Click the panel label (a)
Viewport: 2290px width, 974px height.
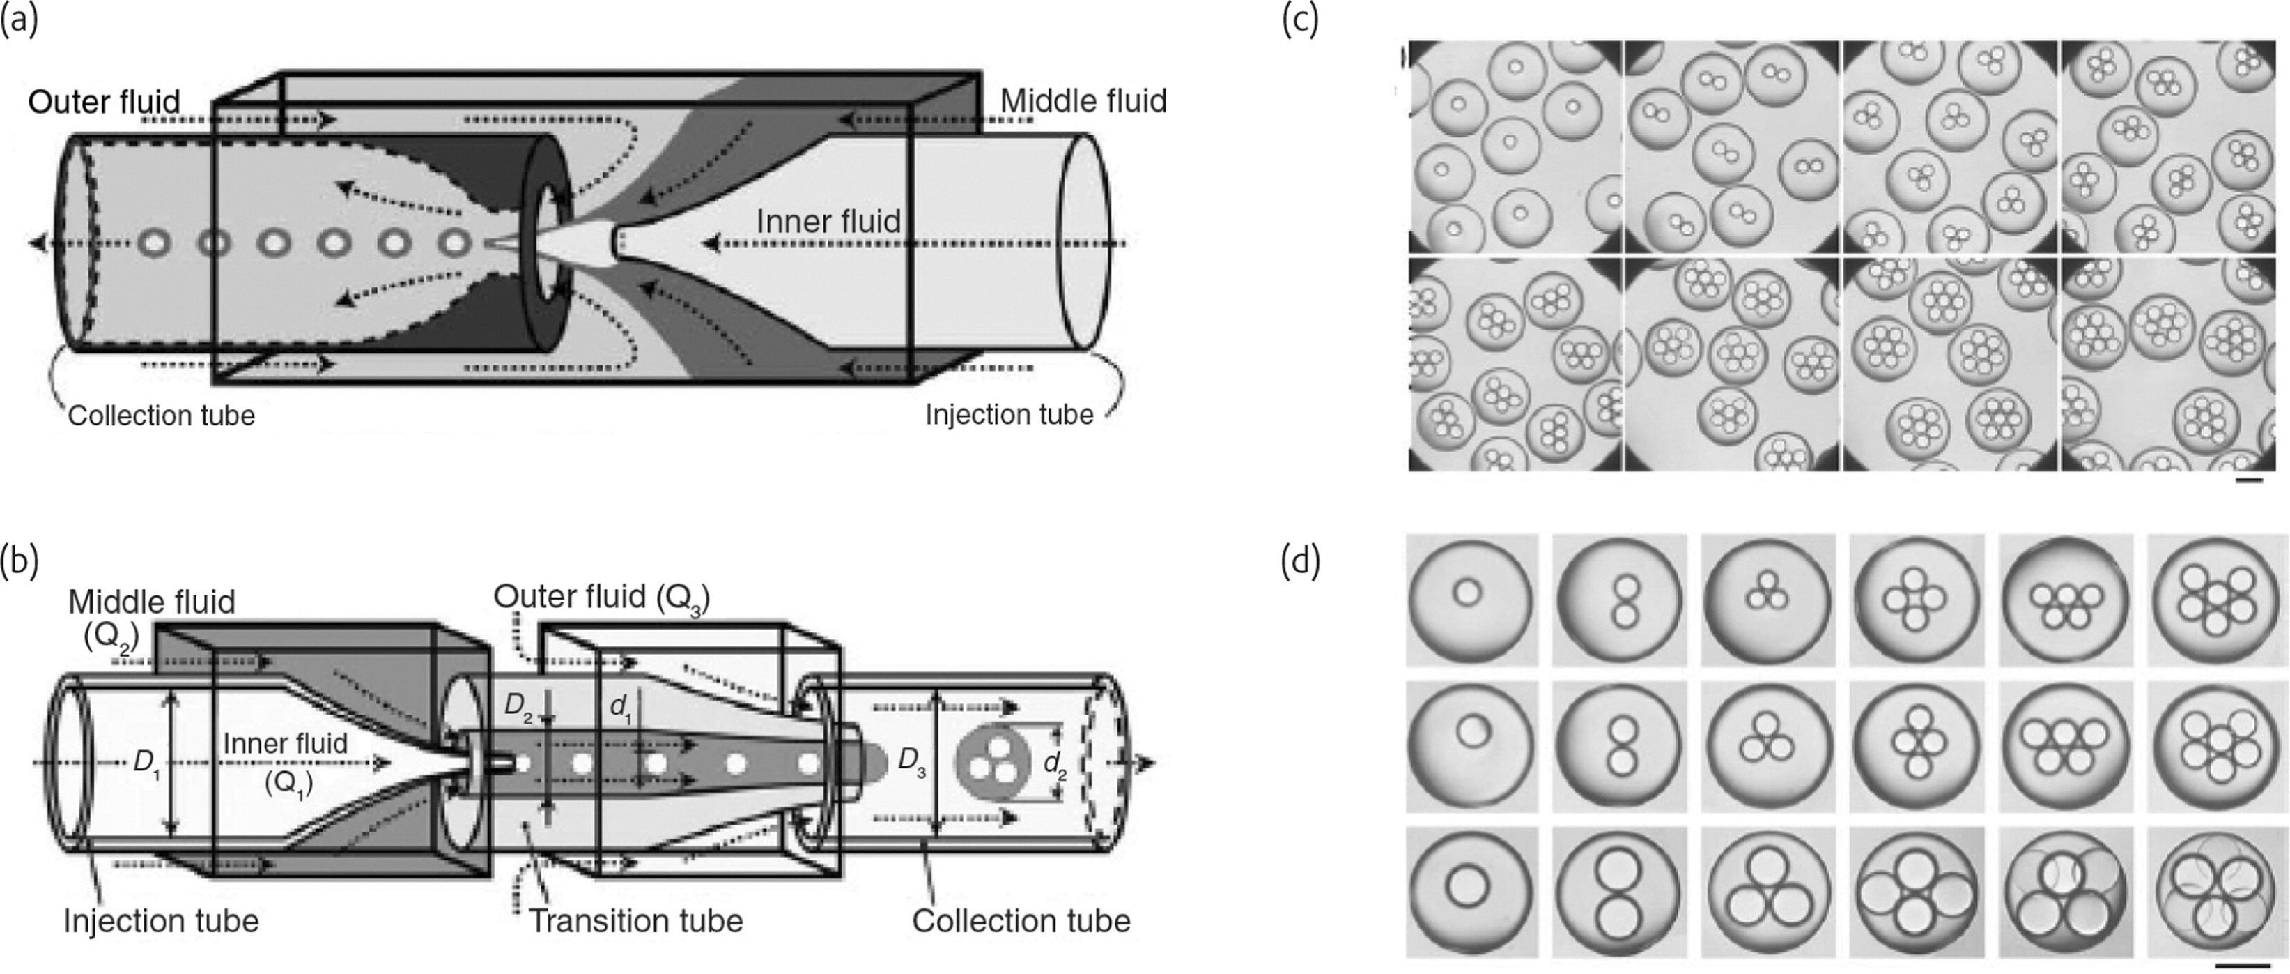coord(20,20)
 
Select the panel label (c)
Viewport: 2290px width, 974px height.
coord(1300,20)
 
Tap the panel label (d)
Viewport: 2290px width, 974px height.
coord(1300,564)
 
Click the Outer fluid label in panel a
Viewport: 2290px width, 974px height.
coord(104,102)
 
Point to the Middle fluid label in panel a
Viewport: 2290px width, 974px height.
coord(1083,101)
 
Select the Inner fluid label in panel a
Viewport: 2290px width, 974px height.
coord(828,222)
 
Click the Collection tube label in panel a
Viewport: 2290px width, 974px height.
coord(161,416)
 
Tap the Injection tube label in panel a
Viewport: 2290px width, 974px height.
coord(1009,415)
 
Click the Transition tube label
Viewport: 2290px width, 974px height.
coord(635,920)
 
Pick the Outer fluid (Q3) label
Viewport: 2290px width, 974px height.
coord(602,597)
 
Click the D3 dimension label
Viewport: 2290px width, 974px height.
coord(911,762)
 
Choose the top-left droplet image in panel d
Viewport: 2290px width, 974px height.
coord(1471,599)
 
